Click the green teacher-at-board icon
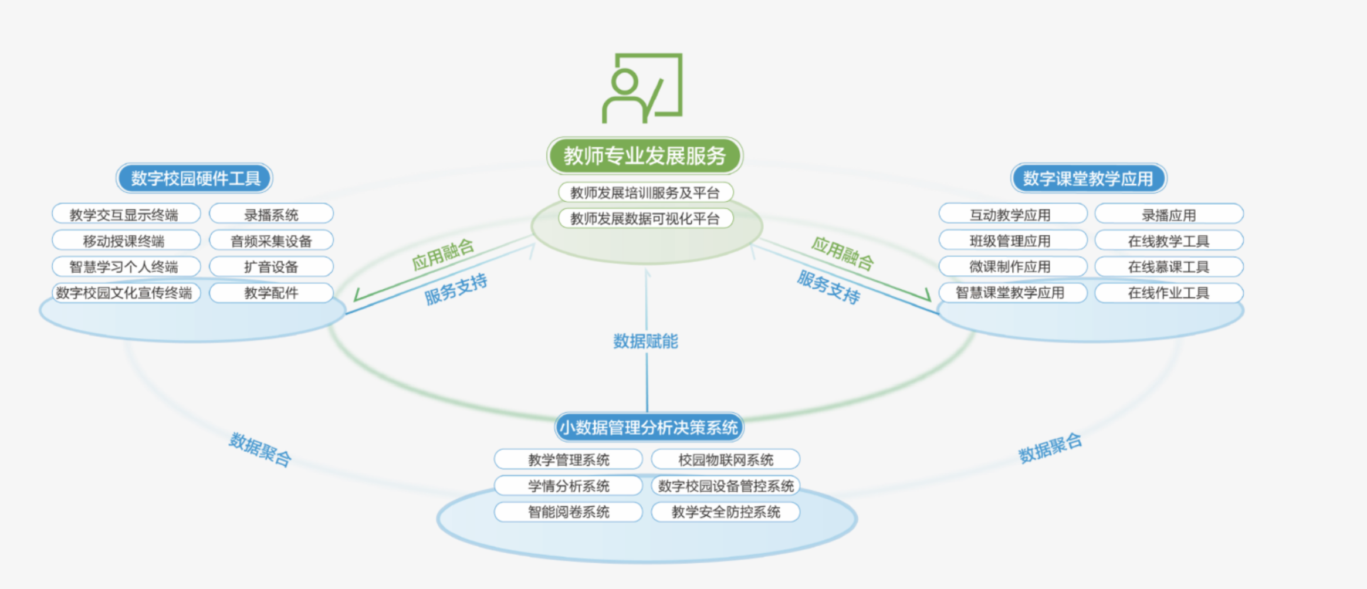pyautogui.click(x=643, y=88)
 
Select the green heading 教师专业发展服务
pyautogui.click(x=645, y=155)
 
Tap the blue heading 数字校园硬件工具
pyautogui.click(x=195, y=178)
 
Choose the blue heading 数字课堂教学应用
pyautogui.click(x=1088, y=178)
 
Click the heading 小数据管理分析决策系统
pyautogui.click(x=648, y=427)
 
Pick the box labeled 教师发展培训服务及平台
pyautogui.click(x=645, y=192)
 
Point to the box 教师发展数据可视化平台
pyautogui.click(x=645, y=219)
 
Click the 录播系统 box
pyautogui.click(x=271, y=215)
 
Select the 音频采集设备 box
pyautogui.click(x=271, y=241)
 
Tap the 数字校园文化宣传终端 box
pyautogui.click(x=124, y=293)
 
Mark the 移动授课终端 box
pyautogui.click(x=124, y=241)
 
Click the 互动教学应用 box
pyautogui.click(x=1010, y=215)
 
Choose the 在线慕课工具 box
pyautogui.click(x=1169, y=267)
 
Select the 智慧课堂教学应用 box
pyautogui.click(x=1010, y=293)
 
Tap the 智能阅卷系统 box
pyautogui.click(x=569, y=512)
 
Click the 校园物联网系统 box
pyautogui.click(x=726, y=460)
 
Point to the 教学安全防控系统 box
pyautogui.click(x=726, y=512)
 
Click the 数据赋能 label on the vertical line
pyautogui.click(x=645, y=341)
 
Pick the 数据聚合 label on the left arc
pyautogui.click(x=260, y=450)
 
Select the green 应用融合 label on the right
pyautogui.click(x=842, y=253)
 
